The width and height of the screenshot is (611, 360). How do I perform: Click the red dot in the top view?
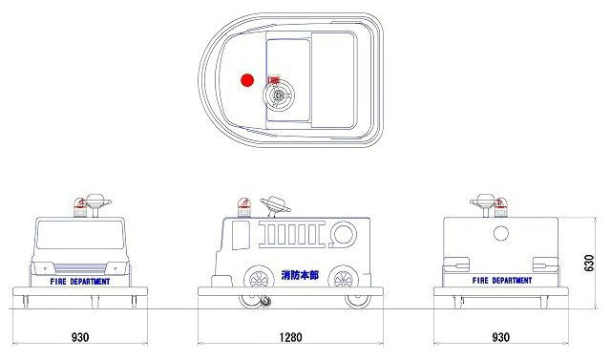247,80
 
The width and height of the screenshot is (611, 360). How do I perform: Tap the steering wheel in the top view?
278,95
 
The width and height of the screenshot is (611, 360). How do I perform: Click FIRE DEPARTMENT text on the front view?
80,282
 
